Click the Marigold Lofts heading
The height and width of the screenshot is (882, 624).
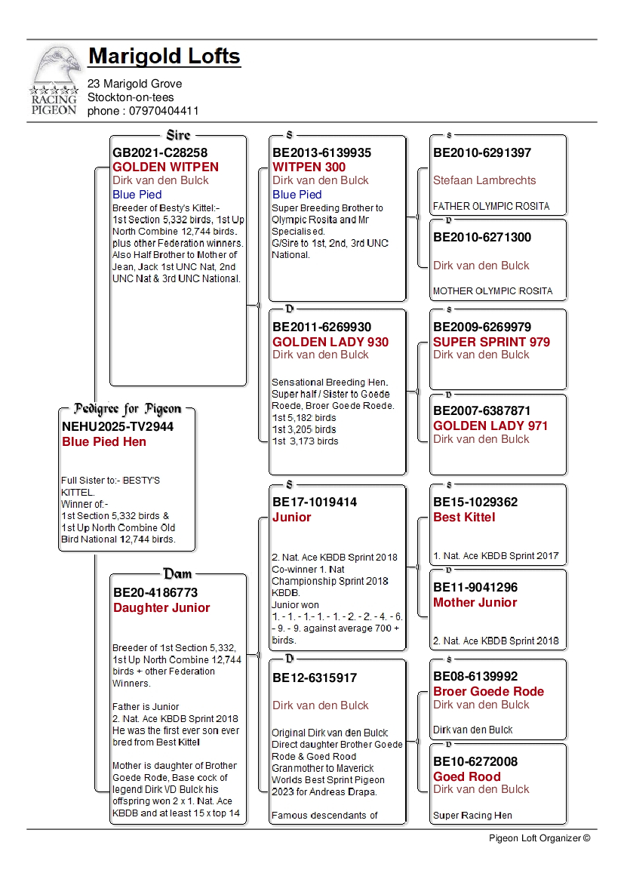(x=164, y=56)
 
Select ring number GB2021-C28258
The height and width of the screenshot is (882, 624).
(x=160, y=152)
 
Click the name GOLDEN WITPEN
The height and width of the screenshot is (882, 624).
(x=165, y=167)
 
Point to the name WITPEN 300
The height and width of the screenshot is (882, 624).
(x=309, y=167)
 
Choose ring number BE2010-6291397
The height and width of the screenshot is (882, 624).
(x=482, y=152)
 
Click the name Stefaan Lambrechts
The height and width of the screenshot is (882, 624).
(x=484, y=180)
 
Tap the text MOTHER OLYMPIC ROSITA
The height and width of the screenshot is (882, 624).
(x=493, y=290)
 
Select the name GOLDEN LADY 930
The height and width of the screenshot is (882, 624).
(x=330, y=342)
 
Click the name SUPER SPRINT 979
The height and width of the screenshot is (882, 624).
(x=491, y=342)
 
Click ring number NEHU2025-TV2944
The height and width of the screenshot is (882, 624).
(x=118, y=426)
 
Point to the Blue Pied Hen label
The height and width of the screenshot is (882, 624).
(x=104, y=441)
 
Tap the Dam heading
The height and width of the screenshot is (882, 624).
(x=178, y=574)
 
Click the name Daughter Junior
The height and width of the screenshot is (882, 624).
(x=161, y=607)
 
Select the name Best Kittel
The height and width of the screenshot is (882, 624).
(x=464, y=517)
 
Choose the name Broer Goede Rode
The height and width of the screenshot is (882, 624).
(x=488, y=691)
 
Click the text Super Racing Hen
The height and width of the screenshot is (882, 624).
(x=472, y=815)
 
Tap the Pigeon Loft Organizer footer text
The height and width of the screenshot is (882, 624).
(x=539, y=837)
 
